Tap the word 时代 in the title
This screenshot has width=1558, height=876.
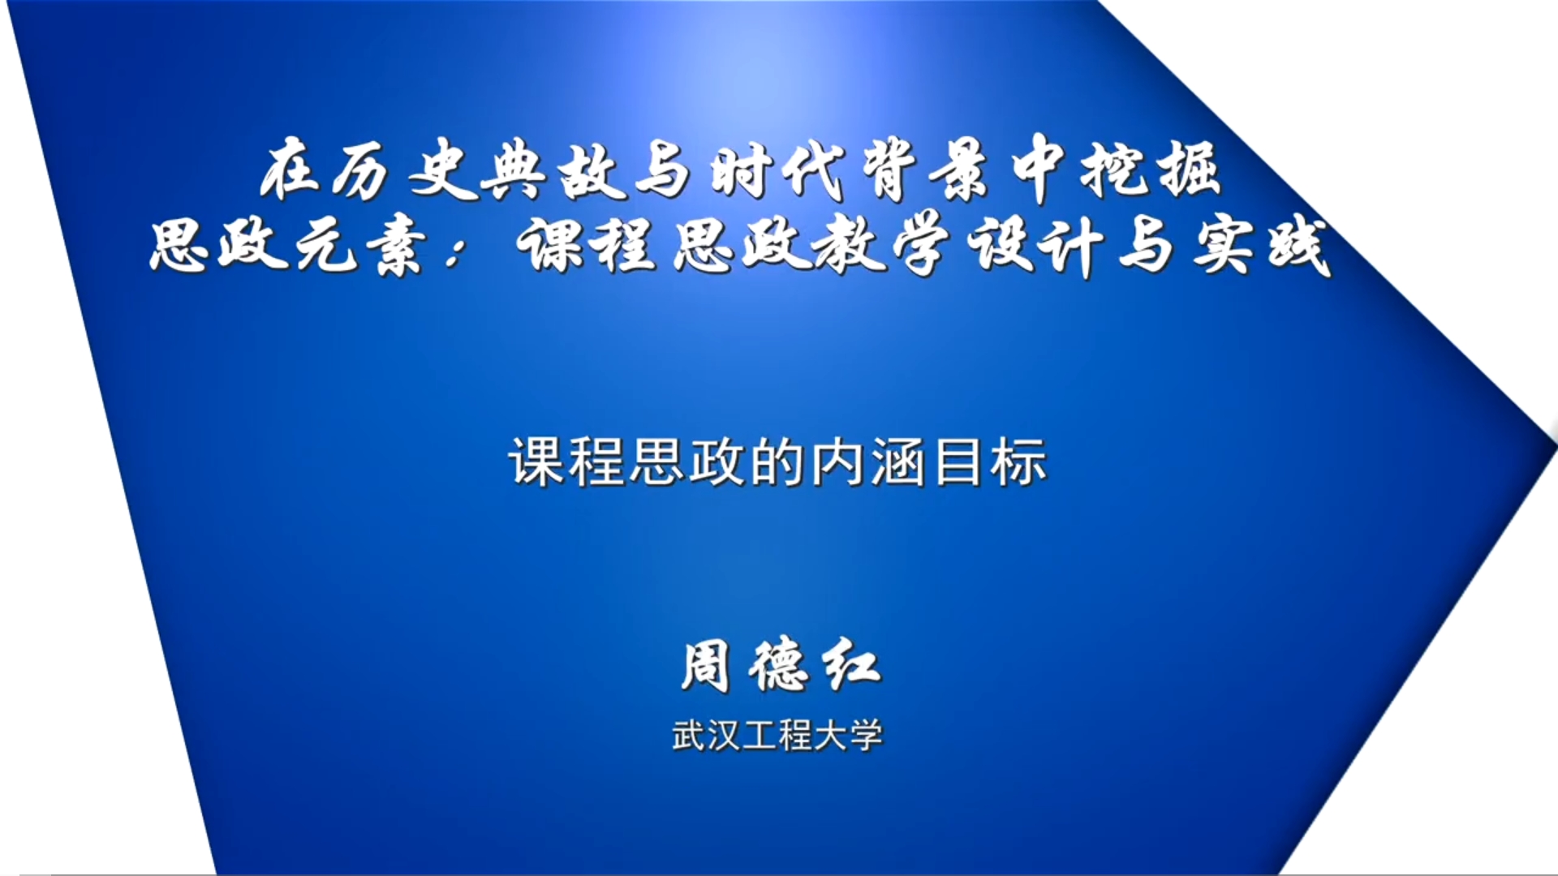pos(779,173)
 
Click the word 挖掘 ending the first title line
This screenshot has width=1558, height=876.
pos(1151,173)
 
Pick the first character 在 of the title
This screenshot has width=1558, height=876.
pos(292,173)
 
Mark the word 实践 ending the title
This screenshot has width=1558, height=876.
pos(1262,246)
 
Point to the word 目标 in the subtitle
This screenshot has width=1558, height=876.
pos(989,462)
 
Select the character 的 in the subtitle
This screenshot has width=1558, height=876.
pos(777,462)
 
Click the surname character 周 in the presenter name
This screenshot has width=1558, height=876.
pos(704,667)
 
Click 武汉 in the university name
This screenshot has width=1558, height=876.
pos(706,736)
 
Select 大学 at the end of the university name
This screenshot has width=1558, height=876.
pos(848,736)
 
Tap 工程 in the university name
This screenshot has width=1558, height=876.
pos(777,736)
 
